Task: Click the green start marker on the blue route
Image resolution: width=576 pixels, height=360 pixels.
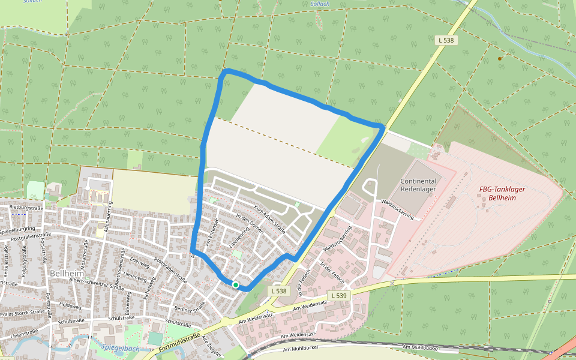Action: click(236, 285)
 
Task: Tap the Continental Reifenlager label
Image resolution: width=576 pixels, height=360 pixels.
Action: click(418, 185)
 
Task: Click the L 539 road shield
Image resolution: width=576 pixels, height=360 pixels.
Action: click(338, 296)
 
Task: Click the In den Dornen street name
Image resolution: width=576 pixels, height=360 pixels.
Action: click(250, 227)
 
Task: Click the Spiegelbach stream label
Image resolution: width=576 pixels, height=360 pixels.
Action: click(120, 348)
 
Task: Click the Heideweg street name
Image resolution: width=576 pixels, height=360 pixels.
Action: click(70, 305)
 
